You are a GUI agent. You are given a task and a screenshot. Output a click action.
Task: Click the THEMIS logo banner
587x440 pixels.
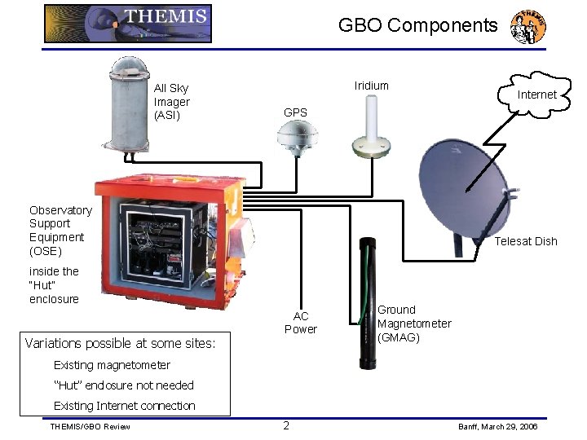point(128,24)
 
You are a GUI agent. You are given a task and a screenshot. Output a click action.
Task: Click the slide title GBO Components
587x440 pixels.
point(417,25)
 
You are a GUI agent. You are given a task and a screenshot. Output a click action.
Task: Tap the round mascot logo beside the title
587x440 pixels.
point(527,27)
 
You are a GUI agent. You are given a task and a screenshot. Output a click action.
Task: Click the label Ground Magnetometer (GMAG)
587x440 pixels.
point(413,323)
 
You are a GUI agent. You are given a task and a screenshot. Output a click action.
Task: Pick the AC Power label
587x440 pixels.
point(301,323)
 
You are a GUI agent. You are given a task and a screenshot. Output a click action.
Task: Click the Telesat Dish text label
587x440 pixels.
point(526,241)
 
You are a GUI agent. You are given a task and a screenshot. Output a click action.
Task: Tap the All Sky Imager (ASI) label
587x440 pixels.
point(171,102)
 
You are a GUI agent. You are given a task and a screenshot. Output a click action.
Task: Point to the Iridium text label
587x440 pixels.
point(372,86)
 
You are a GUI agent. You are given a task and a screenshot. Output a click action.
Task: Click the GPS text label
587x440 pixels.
point(295,112)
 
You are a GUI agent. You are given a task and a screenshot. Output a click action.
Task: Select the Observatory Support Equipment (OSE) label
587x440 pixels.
point(60,231)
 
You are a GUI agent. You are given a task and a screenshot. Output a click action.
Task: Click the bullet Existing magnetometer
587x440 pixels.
point(112,365)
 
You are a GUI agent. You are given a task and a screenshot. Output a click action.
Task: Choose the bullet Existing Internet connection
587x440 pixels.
point(124,406)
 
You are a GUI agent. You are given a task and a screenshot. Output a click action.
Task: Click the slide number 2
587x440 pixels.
point(286,425)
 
